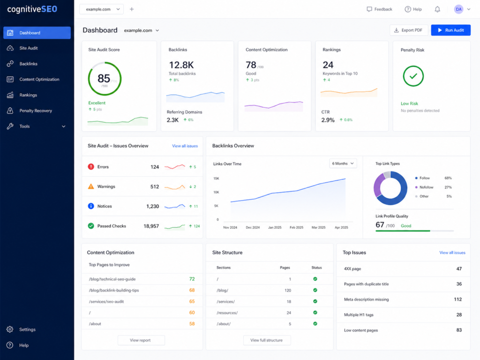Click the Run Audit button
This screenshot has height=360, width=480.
click(450, 30)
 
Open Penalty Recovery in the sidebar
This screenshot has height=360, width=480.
click(36, 111)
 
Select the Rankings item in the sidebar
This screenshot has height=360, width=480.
click(28, 95)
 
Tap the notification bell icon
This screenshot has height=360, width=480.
click(437, 9)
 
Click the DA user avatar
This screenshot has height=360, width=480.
click(458, 9)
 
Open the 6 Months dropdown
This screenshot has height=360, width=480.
click(343, 164)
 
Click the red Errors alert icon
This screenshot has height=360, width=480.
click(91, 166)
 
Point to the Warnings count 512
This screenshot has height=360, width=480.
click(155, 187)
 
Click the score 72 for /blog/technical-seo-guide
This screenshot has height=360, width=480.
click(192, 279)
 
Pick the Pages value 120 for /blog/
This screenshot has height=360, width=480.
click(288, 290)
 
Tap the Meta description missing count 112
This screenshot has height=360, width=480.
click(457, 299)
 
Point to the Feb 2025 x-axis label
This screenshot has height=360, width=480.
click(296, 227)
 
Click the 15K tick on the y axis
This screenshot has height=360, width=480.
click(216, 178)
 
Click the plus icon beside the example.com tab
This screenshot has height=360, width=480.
click(132, 9)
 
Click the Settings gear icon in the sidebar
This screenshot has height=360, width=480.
click(10, 330)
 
